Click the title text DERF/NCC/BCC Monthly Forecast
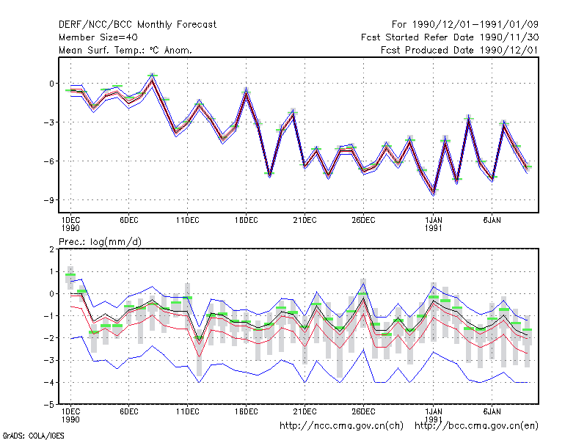[x=137, y=25]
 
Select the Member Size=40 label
[x=98, y=37]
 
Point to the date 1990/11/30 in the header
[x=509, y=37]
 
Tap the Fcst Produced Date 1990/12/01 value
[x=459, y=50]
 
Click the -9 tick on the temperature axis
[x=49, y=200]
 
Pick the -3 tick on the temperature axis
[x=49, y=122]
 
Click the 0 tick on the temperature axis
[x=51, y=84]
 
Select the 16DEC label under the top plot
[x=246, y=221]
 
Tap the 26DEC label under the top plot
[x=363, y=221]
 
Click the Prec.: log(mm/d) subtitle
[x=100, y=242]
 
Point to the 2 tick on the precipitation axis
[x=51, y=249]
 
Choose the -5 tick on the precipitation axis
[x=49, y=405]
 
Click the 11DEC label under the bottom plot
[x=188, y=411]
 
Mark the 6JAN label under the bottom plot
[x=492, y=411]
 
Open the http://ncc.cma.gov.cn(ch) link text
[x=341, y=426]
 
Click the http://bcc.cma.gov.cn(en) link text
[x=476, y=426]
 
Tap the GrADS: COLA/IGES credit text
[x=33, y=436]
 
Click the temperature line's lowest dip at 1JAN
[x=434, y=193]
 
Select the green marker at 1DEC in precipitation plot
[x=70, y=275]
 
